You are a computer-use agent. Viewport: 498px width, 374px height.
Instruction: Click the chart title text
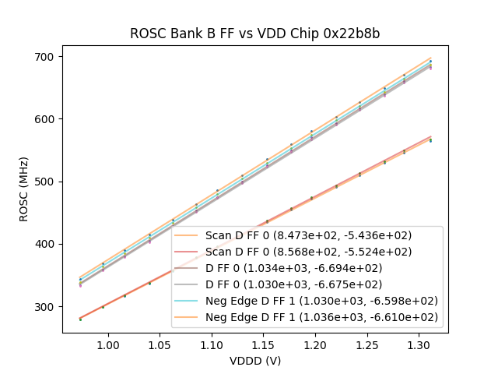tap(254, 34)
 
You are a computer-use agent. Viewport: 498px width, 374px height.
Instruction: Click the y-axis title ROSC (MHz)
tap(25, 189)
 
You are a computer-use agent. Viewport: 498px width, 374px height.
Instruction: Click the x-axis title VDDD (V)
tap(254, 361)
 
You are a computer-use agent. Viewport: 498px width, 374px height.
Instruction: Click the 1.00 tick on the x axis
tap(107, 344)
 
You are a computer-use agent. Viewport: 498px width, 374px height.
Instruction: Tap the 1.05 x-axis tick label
tap(160, 344)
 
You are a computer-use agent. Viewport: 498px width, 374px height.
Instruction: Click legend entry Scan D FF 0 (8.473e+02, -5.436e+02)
tap(308, 235)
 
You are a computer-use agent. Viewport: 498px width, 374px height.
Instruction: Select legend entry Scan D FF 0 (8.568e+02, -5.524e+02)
tap(308, 252)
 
